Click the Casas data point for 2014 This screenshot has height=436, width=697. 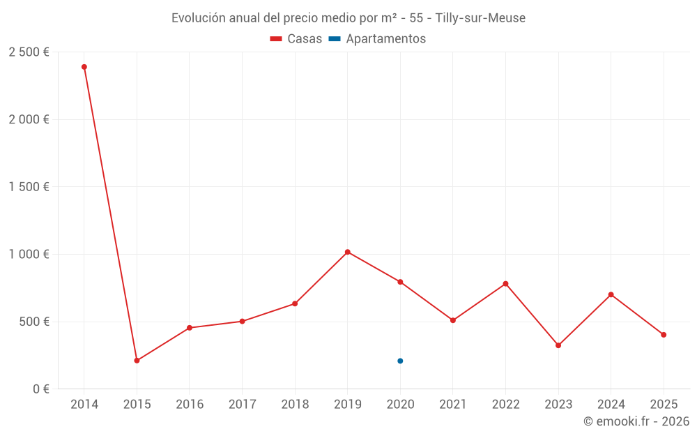tap(84, 67)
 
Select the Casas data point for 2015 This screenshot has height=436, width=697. tap(137, 361)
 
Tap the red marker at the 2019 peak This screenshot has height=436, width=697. tap(347, 252)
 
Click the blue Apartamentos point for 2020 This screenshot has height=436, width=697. tap(400, 361)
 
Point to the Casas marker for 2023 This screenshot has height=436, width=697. tap(558, 345)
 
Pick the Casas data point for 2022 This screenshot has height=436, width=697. tap(505, 284)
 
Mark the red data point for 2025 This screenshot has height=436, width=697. tap(664, 335)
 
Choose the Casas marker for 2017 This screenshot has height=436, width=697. tap(242, 322)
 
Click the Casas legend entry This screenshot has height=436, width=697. tap(296, 39)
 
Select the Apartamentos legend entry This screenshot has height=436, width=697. tap(377, 39)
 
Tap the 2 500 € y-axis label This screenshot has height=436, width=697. tap(29, 52)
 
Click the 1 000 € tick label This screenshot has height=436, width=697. tap(29, 255)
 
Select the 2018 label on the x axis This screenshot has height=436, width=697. tap(295, 405)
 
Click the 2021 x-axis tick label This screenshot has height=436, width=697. tap(453, 405)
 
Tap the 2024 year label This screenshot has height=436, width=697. tap(611, 405)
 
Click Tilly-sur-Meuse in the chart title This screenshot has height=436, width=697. tap(480, 17)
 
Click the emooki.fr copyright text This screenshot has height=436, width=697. tap(636, 421)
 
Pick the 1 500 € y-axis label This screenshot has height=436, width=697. tap(29, 187)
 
